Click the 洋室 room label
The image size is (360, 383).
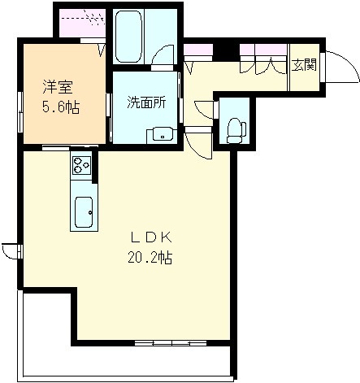[58, 87]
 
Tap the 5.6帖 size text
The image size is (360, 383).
[61, 107]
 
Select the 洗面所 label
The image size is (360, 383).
[146, 102]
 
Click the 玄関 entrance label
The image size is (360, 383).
[304, 65]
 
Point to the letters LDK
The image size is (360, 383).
[151, 237]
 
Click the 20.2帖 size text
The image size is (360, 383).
[150, 257]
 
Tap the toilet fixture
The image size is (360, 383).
[236, 131]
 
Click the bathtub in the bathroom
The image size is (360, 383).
[128, 37]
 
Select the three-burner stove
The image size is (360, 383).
[81, 165]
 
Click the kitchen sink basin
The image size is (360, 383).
[84, 212]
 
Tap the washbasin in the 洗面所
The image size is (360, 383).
[162, 134]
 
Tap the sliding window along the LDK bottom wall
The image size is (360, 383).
[171, 343]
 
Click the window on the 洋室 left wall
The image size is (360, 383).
[20, 112]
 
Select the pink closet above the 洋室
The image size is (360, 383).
[82, 23]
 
